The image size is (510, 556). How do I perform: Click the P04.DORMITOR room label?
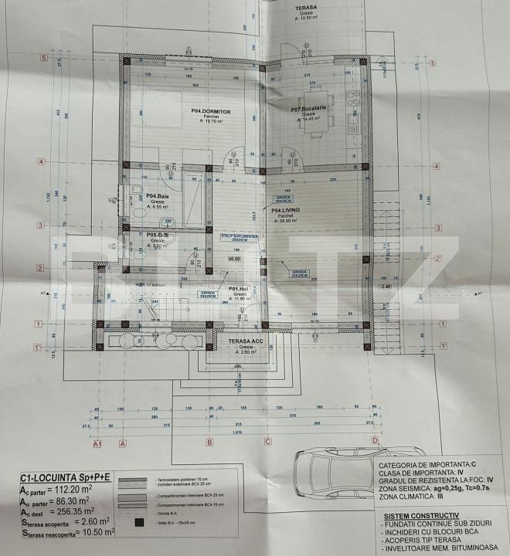(212, 111)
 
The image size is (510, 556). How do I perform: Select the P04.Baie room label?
(158, 196)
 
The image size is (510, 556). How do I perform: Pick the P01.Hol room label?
(237, 289)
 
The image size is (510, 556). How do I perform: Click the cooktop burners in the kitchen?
(354, 99)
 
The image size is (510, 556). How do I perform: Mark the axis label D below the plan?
(375, 442)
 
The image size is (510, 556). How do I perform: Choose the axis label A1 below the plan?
(97, 444)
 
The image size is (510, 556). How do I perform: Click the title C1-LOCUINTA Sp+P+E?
(66, 479)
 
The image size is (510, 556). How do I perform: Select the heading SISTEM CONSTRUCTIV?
(419, 514)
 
